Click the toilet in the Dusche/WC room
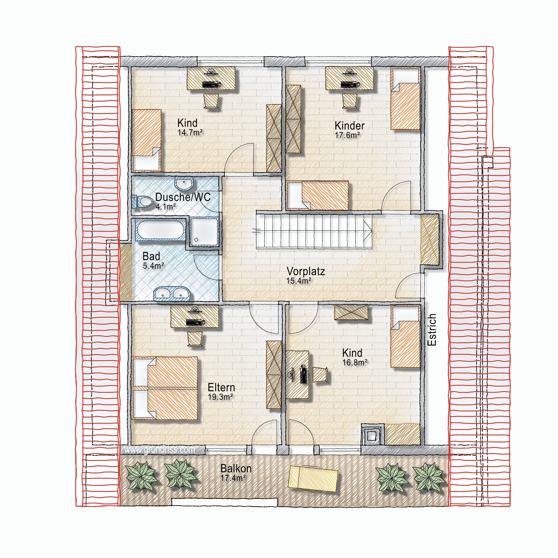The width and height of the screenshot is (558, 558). tap(142, 201)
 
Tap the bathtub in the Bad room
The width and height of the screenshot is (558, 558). tap(160, 230)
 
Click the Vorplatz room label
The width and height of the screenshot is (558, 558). tap(306, 271)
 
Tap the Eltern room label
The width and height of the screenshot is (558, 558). tap(221, 387)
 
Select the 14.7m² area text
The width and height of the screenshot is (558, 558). tap(190, 133)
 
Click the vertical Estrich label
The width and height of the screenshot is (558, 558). tap(432, 330)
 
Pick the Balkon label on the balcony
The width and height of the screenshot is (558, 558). tap(236, 468)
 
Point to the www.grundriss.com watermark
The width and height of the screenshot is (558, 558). tap(159, 450)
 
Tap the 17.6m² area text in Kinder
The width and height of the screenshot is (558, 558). tap(347, 135)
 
